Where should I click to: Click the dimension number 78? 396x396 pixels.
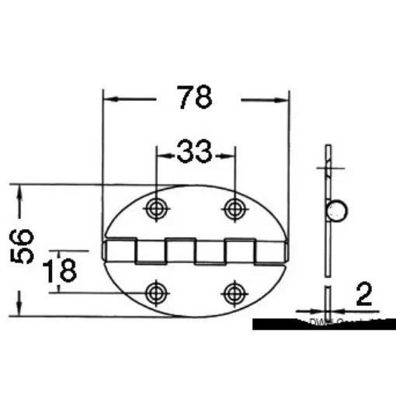coord(194,99)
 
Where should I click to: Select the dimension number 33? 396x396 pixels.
coord(194,152)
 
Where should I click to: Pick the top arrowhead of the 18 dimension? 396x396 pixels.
coord(57,257)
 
